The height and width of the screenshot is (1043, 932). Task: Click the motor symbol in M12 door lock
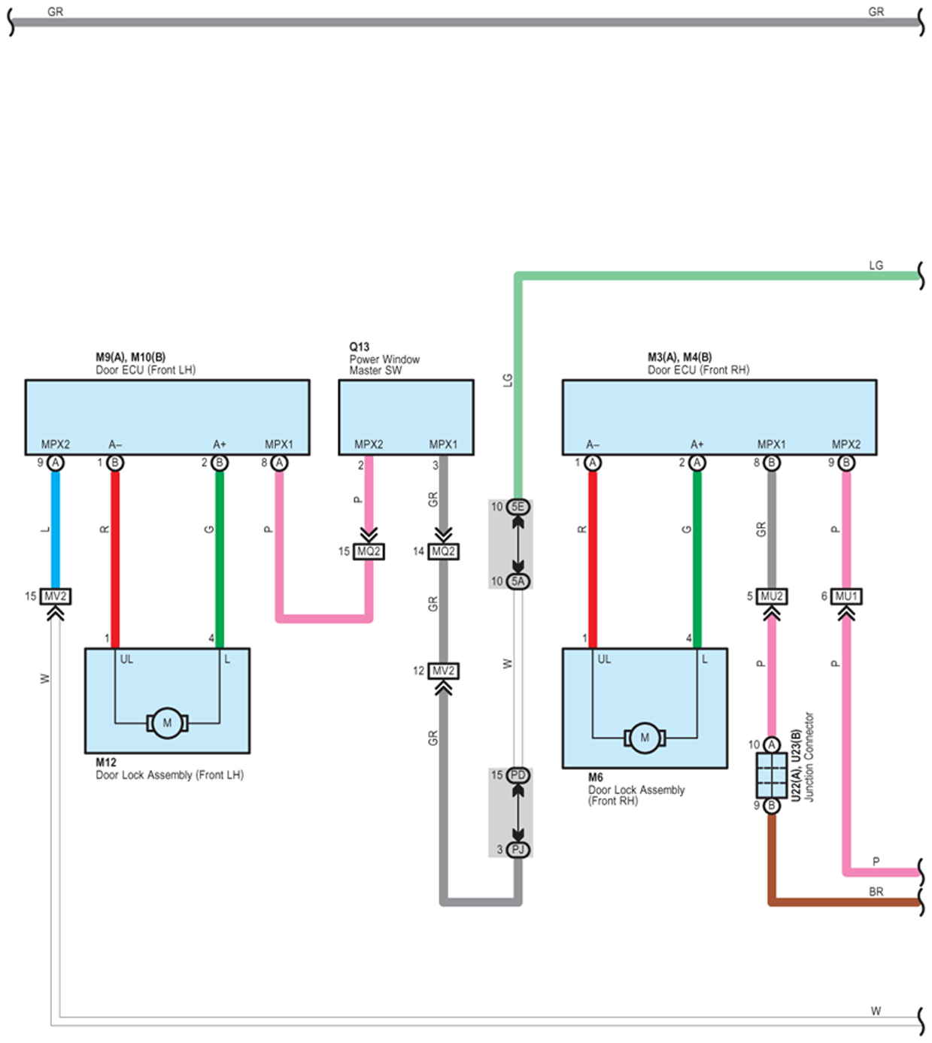tap(167, 723)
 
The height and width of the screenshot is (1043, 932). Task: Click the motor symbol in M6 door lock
tap(645, 738)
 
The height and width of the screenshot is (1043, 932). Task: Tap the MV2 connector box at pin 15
tap(55, 596)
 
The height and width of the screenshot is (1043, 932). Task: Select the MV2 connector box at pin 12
tap(443, 671)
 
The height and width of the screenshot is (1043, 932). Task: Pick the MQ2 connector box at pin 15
tap(369, 551)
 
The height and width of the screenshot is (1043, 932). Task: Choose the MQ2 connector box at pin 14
tap(443, 551)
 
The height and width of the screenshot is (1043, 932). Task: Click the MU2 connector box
tap(771, 596)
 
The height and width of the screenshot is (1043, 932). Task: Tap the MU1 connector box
tap(846, 596)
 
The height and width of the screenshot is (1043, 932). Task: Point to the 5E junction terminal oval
tap(518, 507)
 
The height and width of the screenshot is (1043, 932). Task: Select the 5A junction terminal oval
tap(518, 581)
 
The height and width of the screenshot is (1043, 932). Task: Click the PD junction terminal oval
tap(518, 775)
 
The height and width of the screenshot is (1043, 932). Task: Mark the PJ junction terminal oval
tap(518, 850)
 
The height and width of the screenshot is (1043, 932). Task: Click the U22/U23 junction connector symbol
tap(771, 775)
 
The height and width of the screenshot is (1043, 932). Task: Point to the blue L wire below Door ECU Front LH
tap(55, 529)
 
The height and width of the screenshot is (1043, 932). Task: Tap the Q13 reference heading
tap(359, 347)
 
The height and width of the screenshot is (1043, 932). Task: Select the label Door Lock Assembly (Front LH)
tap(169, 775)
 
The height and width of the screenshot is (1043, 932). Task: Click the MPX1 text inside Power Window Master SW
tap(443, 444)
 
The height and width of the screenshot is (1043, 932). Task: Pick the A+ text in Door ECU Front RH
tap(697, 444)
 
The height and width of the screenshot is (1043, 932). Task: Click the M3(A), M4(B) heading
tap(680, 356)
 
